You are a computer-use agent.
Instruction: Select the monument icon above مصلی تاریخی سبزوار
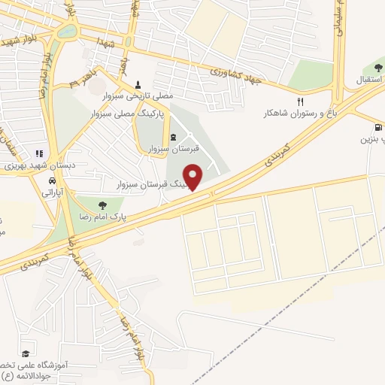point(137,85)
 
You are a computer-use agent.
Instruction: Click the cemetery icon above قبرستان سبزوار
point(174,137)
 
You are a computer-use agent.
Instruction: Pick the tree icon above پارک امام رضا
point(102,205)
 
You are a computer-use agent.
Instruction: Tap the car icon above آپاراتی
point(50,181)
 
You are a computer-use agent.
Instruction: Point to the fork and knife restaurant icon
point(300,102)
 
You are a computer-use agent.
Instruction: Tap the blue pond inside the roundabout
point(67,32)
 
